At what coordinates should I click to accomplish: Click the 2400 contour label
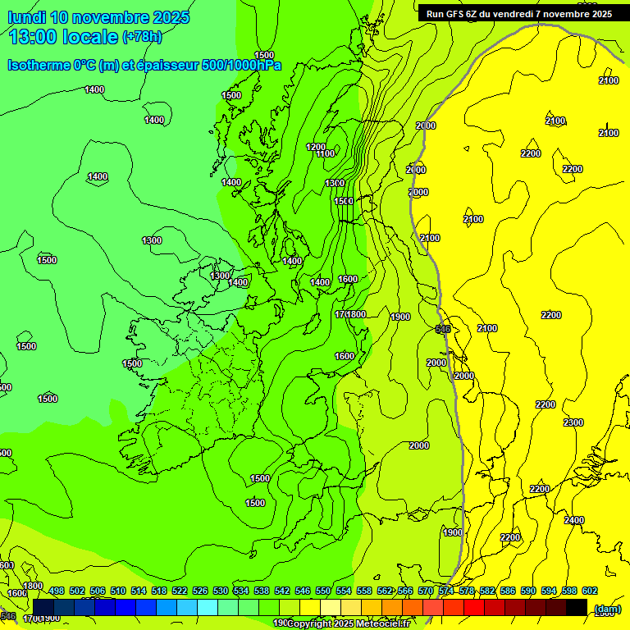tap(574, 520)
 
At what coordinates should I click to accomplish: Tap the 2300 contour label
tap(573, 422)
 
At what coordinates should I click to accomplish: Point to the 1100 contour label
tap(325, 153)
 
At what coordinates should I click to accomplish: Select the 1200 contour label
tap(315, 147)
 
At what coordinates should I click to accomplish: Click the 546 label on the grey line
tap(443, 329)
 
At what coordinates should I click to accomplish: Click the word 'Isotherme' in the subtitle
tap(39, 65)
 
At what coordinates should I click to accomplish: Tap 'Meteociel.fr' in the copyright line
tap(382, 623)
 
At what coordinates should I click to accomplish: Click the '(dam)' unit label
tap(606, 609)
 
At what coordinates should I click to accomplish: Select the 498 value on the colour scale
tap(57, 591)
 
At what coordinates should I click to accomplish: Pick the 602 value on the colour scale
tap(590, 591)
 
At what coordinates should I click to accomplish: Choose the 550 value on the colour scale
tap(323, 591)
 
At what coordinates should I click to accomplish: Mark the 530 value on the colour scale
tap(221, 591)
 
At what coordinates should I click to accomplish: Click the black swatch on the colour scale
tap(577, 608)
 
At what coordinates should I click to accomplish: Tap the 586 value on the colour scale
tap(508, 591)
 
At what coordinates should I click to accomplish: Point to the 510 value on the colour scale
tap(118, 591)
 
